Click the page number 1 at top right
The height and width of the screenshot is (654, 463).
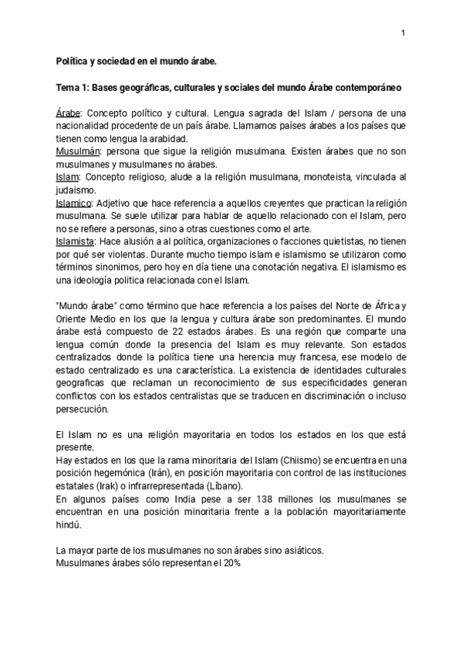click(403, 33)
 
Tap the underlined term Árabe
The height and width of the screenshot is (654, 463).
click(69, 112)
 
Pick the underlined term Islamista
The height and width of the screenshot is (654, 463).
click(76, 242)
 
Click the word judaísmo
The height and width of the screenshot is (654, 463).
click(76, 190)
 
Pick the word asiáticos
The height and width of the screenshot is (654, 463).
click(296, 551)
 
